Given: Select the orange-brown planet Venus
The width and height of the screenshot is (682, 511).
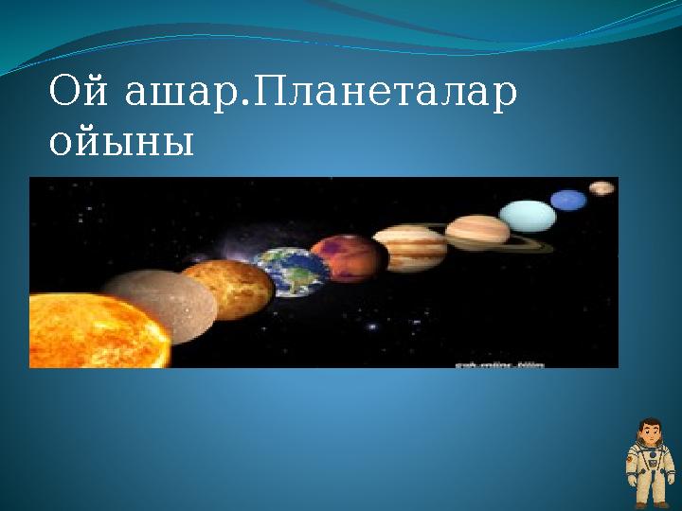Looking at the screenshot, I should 227,289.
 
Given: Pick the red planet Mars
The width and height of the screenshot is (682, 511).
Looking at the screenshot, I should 348,258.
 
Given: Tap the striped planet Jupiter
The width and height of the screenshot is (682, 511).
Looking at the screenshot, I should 409,248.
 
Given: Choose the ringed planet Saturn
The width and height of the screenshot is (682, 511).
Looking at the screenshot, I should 478,232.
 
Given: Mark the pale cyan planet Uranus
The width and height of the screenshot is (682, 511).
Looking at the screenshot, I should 528,217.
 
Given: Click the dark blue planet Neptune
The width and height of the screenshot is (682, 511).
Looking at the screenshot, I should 569,201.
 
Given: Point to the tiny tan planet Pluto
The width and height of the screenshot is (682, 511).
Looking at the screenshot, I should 601,187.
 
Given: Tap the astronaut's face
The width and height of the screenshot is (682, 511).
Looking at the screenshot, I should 651,436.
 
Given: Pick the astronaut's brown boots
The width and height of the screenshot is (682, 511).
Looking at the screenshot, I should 651,504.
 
